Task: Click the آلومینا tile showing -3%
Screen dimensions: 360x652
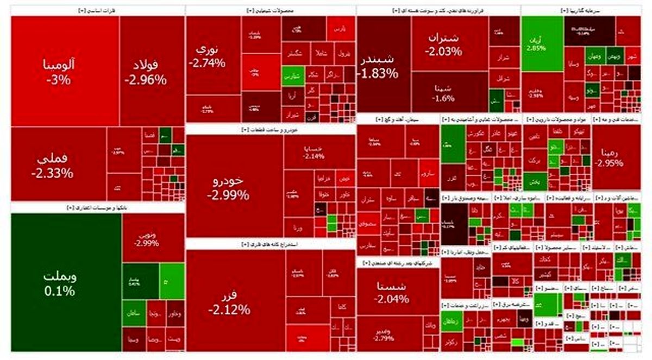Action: pos(65,71)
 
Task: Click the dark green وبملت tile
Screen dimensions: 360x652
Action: pos(66,282)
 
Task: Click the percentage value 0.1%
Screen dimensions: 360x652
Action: pos(60,292)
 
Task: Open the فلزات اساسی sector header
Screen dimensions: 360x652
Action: pos(97,11)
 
